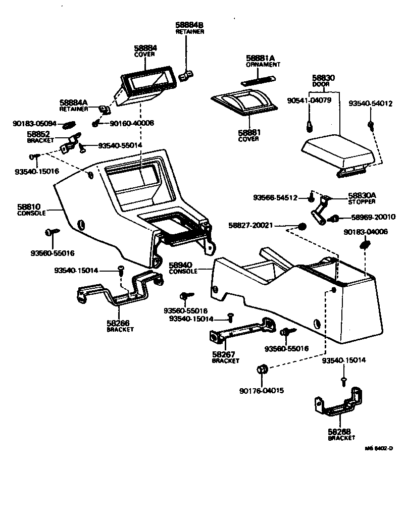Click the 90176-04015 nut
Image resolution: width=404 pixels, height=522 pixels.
coord(261,369)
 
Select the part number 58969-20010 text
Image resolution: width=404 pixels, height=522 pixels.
coord(371,218)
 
